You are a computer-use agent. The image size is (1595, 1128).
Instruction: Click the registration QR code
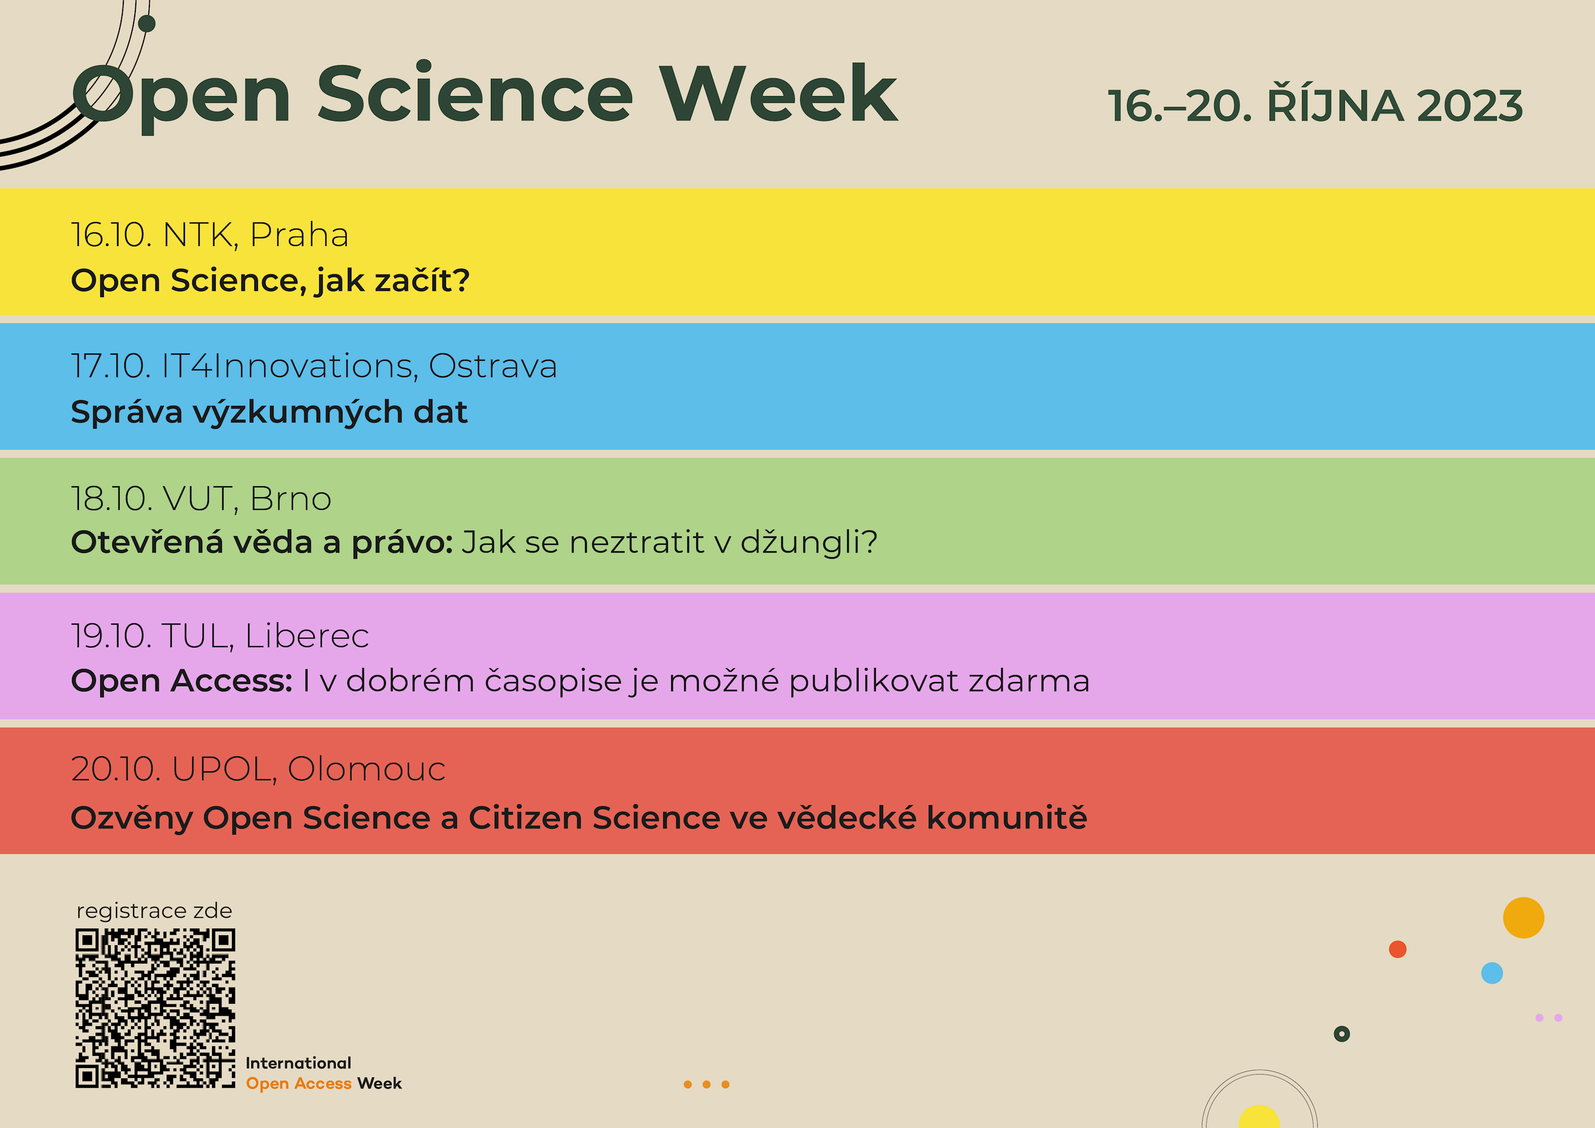[155, 1008]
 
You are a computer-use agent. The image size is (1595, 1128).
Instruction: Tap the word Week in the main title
[779, 94]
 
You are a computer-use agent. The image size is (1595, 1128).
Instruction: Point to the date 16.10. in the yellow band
[112, 235]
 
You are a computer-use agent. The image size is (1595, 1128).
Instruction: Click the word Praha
[299, 235]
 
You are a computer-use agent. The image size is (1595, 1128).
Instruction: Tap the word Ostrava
[493, 366]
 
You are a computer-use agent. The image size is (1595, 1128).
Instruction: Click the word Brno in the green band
[290, 499]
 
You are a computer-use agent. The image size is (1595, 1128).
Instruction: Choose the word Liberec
[307, 636]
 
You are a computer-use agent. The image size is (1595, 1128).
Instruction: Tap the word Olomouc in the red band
[367, 769]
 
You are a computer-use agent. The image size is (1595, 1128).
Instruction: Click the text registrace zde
[154, 911]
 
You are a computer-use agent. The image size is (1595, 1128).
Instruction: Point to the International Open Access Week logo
[324, 1073]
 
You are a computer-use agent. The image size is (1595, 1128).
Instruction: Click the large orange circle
[1523, 918]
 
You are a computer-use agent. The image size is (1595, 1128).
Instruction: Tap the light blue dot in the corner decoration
[1492, 972]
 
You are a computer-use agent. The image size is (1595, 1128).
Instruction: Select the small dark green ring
[1341, 1033]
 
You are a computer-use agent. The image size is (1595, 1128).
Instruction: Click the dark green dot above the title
[147, 23]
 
